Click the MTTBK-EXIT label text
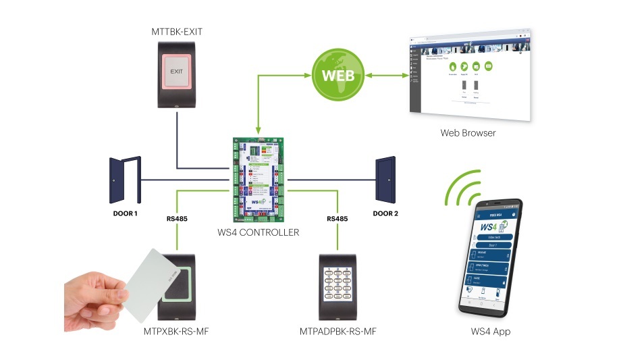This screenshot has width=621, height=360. click(x=177, y=31)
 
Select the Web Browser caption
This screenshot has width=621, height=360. click(x=467, y=133)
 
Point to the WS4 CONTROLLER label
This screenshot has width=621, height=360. click(x=259, y=233)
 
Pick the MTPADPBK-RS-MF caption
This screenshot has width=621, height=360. click(x=337, y=332)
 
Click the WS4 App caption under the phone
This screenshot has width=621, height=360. click(x=491, y=332)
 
